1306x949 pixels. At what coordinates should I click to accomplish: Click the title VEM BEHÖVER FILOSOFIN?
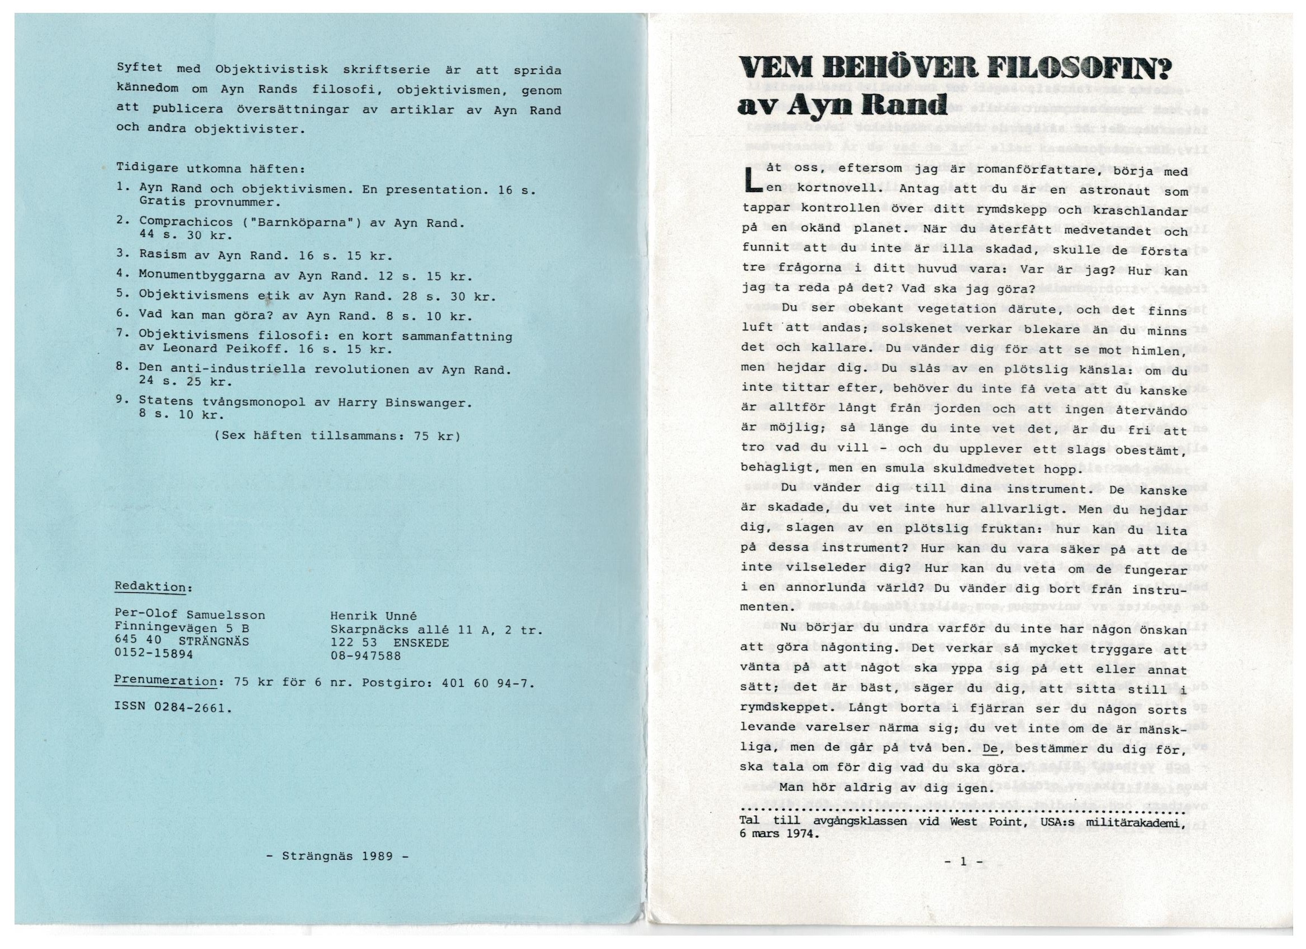pos(955,74)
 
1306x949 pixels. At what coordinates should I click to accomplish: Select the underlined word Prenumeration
pos(165,680)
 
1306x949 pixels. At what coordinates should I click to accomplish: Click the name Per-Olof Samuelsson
pos(190,615)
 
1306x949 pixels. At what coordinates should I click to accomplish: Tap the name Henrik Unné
pos(373,615)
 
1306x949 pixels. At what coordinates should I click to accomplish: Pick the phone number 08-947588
pos(365,655)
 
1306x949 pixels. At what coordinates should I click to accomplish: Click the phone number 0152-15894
pos(154,654)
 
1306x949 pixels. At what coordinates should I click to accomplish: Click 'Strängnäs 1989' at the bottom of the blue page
pos(337,856)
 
